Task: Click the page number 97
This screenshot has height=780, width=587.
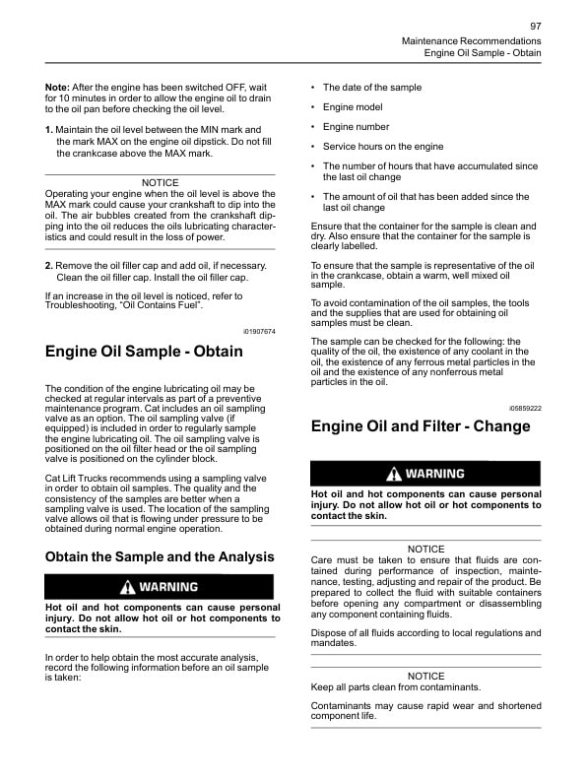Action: [535, 26]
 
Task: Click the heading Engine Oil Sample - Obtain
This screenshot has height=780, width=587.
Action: [144, 352]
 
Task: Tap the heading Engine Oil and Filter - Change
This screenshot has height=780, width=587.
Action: [421, 426]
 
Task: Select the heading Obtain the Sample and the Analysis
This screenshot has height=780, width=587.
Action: [160, 556]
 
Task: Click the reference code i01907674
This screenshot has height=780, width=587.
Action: [259, 331]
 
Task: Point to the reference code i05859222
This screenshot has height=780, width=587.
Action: [525, 407]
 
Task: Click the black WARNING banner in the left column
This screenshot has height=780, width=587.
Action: [161, 587]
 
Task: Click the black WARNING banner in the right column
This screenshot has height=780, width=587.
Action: [425, 474]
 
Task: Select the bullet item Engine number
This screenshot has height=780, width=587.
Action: [356, 127]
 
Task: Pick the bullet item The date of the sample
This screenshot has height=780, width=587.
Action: [371, 88]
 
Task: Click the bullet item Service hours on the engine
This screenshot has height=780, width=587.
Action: [383, 147]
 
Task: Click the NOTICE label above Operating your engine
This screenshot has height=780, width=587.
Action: [161, 182]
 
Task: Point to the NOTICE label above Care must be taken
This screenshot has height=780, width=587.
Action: [425, 549]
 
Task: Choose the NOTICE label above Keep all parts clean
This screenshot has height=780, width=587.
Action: [425, 676]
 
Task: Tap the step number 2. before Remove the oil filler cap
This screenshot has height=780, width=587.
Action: [49, 266]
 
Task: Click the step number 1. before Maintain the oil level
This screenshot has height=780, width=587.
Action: [49, 130]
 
